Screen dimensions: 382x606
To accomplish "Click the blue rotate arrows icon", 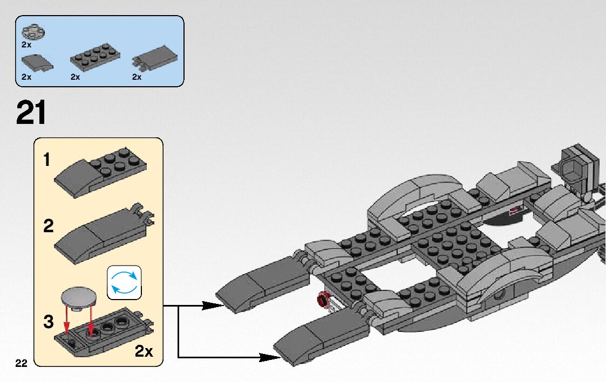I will coord(124,282).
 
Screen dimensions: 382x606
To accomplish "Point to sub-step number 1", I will coord(47,160).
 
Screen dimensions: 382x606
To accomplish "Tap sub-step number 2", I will coord(49,226).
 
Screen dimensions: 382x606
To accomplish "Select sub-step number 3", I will coord(49,322).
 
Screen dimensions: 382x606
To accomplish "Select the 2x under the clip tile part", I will coord(137,77).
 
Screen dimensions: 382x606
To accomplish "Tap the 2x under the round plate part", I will coord(26,44).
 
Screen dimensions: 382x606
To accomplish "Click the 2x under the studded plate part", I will coord(75,77).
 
